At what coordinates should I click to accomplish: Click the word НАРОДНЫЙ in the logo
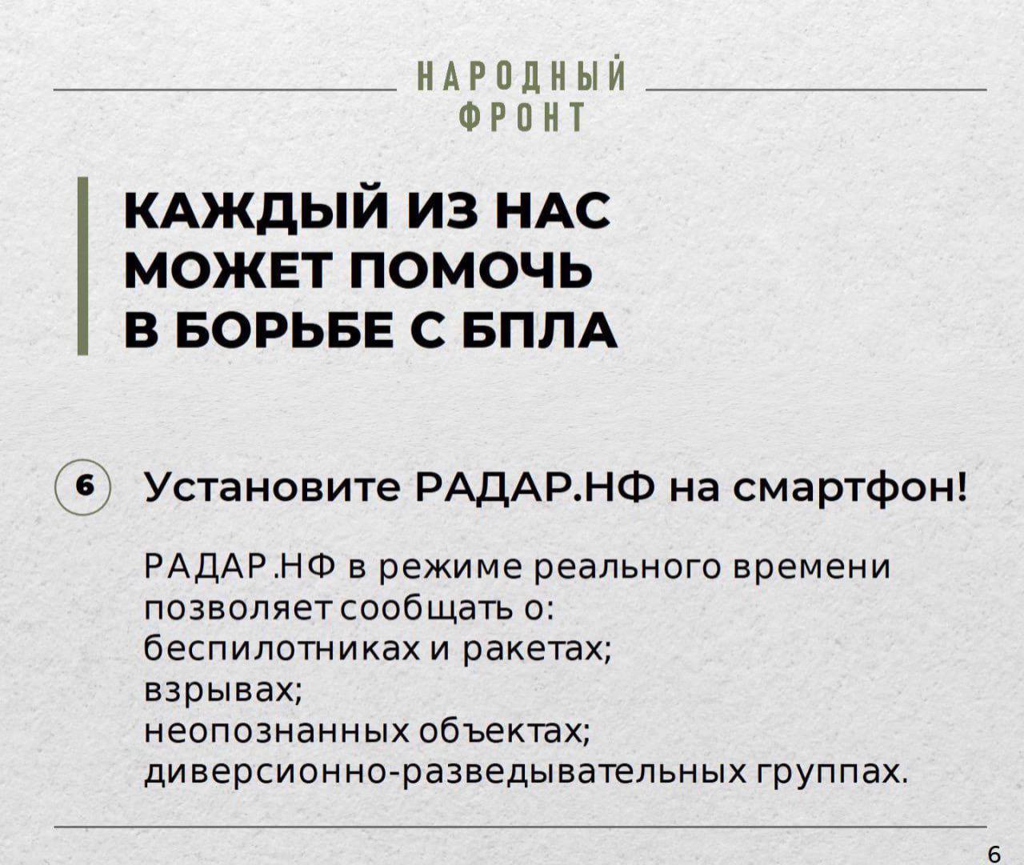click(522, 75)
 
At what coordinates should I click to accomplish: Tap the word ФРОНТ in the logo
click(522, 118)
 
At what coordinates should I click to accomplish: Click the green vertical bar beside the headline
click(83, 266)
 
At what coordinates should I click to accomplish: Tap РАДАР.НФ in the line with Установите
click(537, 489)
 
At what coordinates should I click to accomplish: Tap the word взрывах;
click(222, 693)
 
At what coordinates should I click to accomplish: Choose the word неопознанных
click(276, 735)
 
